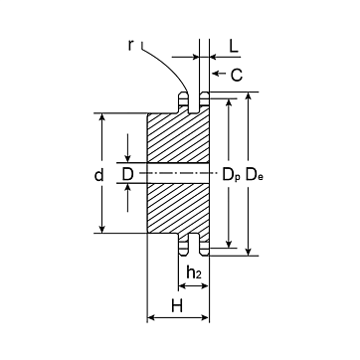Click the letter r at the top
point(130,46)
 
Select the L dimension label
point(234,47)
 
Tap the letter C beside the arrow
point(237,76)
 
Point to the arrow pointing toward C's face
point(220,73)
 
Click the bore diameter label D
point(127,174)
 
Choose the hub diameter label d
point(98,175)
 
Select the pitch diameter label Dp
point(231,175)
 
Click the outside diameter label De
point(255,174)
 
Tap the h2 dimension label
point(194,272)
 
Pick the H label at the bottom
point(177,305)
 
